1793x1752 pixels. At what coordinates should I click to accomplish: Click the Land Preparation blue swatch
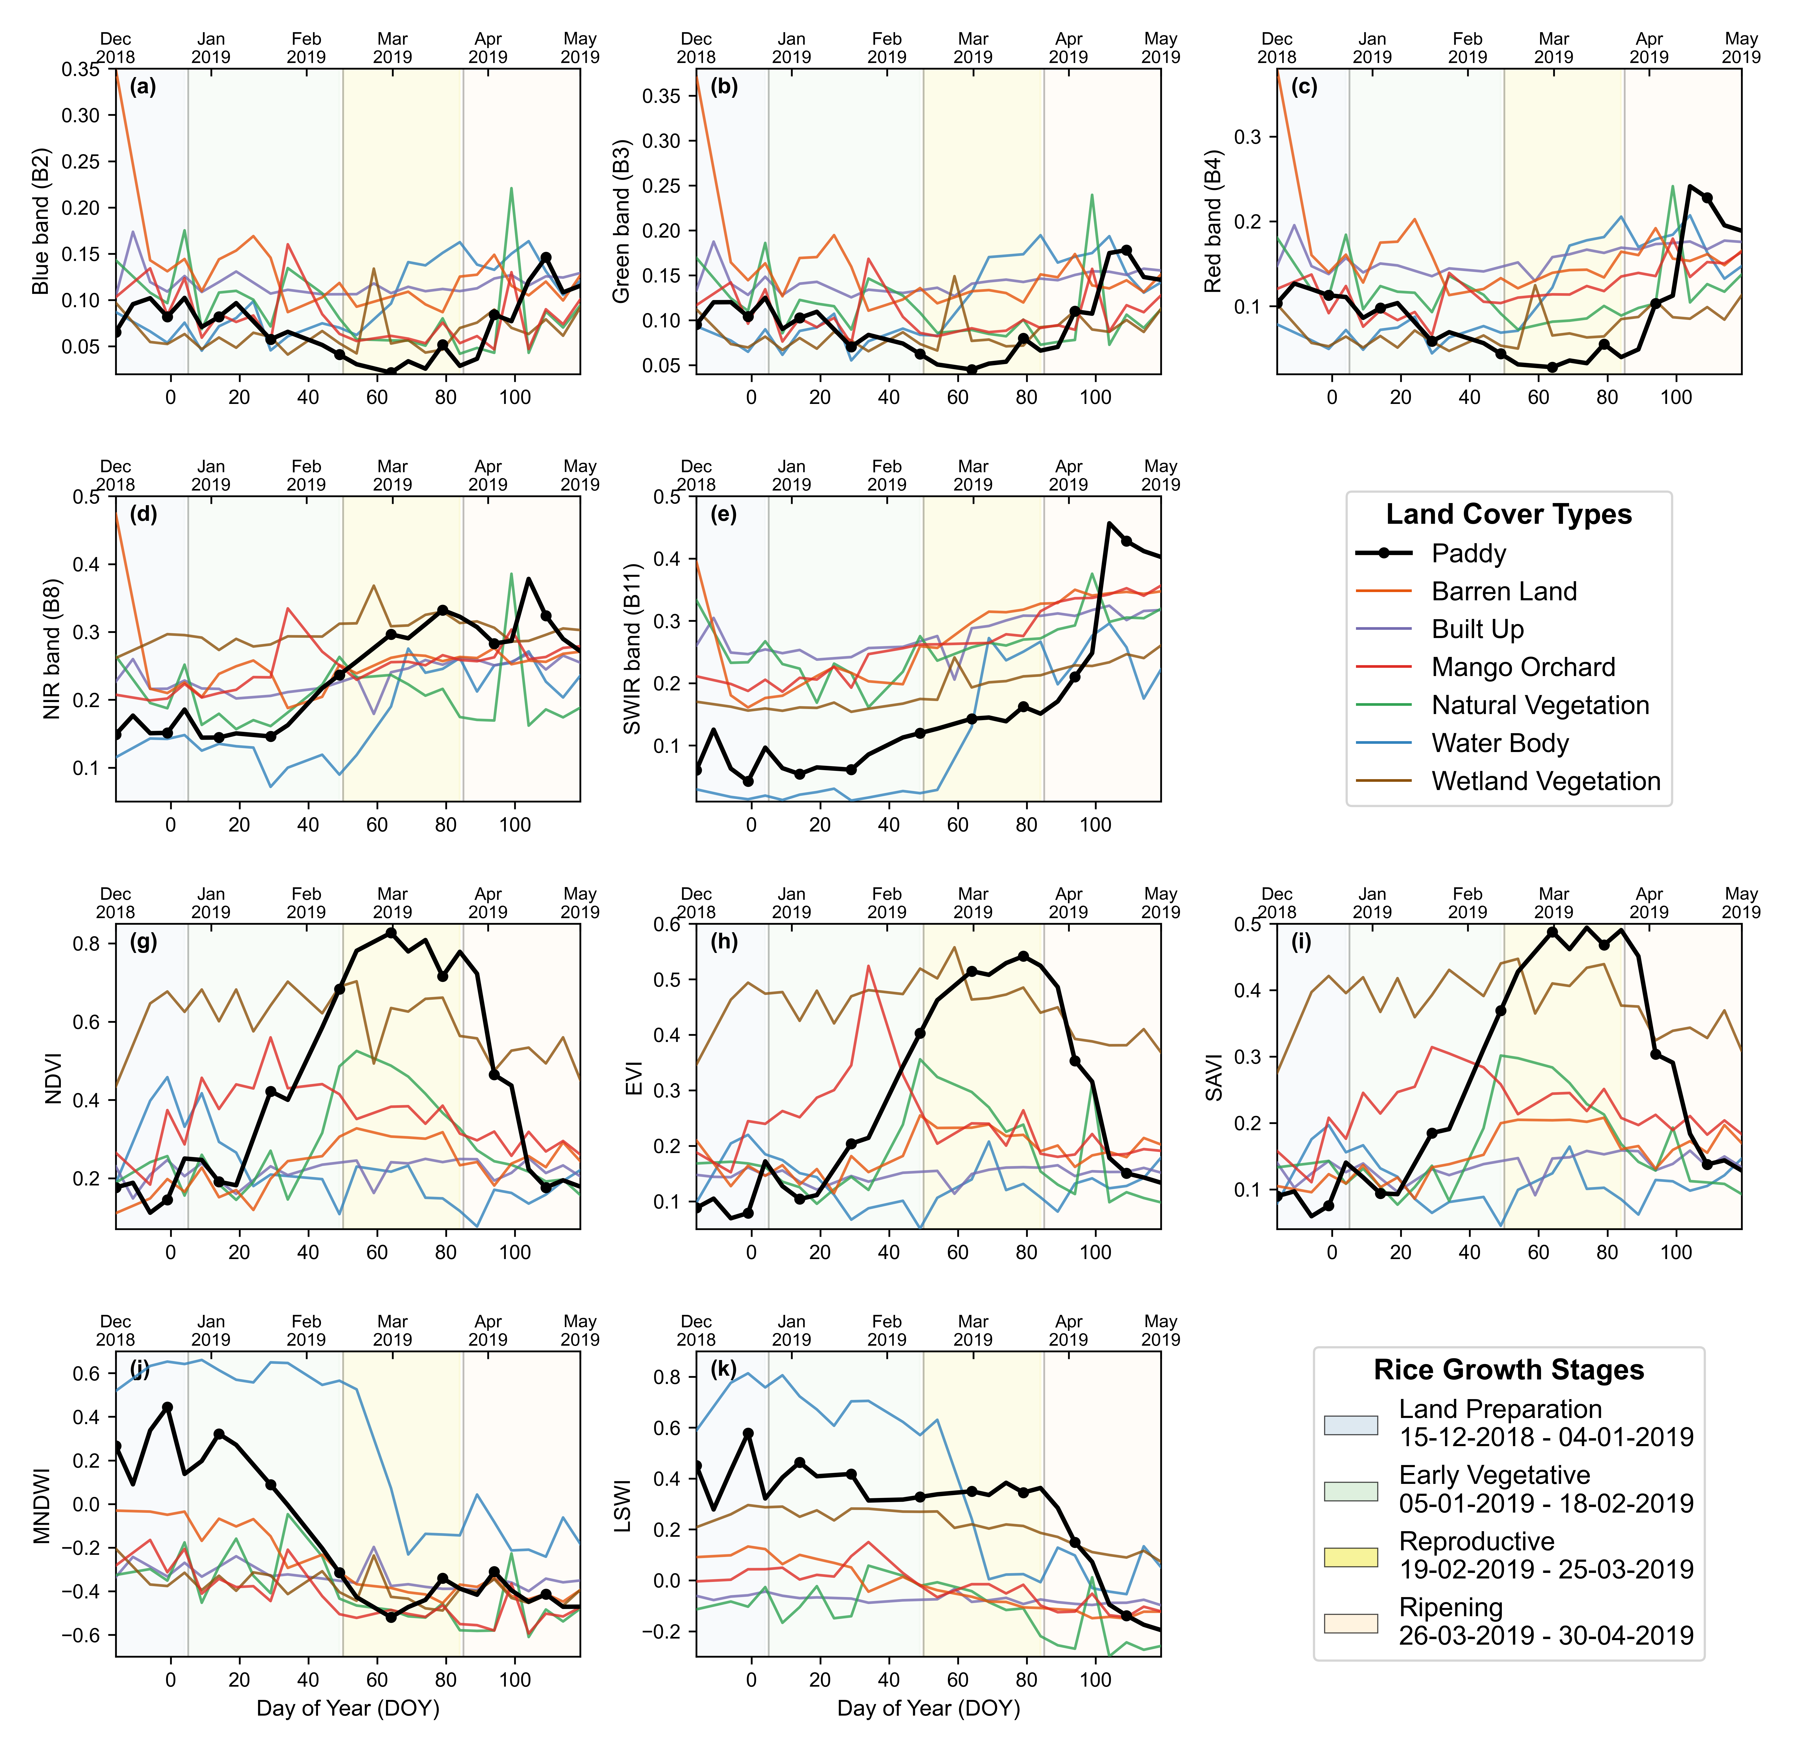coord(1350,1424)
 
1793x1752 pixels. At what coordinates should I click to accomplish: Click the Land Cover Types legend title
coord(1509,514)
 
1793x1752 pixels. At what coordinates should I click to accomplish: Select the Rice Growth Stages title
coord(1509,1369)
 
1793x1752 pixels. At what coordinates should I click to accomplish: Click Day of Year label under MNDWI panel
coord(348,1708)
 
